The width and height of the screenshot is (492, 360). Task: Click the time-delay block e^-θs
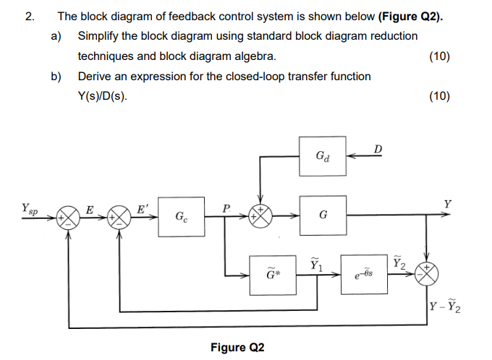(x=364, y=275)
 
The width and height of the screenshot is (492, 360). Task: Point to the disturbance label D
(x=378, y=149)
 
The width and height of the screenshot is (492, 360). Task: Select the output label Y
(x=449, y=204)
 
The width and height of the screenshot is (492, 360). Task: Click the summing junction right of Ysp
(x=69, y=216)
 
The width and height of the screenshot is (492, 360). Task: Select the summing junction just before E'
(x=117, y=216)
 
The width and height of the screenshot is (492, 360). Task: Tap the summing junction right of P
(x=261, y=215)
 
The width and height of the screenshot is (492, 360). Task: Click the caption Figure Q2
(x=237, y=348)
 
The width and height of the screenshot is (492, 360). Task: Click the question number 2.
(x=29, y=15)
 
